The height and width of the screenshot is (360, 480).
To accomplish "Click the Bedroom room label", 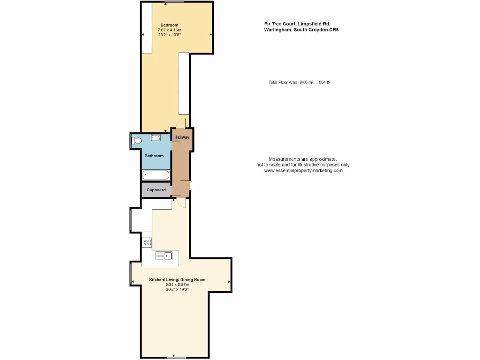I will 169,25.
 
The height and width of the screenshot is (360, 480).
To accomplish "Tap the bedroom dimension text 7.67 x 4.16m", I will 169,30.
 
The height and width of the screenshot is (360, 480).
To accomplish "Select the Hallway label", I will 181,137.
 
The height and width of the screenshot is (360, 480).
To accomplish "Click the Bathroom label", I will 154,156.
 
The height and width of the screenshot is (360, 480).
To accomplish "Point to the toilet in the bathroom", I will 136,140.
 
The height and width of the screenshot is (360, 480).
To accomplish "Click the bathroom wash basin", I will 156,137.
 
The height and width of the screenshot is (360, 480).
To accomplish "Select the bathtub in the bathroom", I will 156,176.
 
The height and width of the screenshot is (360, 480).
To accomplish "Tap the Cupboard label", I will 156,190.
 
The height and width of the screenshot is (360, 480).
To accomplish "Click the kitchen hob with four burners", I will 147,242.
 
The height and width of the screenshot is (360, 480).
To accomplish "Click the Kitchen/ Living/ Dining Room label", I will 177,280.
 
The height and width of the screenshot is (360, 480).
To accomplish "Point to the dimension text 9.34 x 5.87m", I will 177,285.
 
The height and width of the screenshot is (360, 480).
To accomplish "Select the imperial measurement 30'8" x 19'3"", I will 177,289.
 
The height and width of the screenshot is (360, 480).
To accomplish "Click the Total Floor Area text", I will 300,82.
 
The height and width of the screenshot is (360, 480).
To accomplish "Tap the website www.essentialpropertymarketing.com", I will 303,171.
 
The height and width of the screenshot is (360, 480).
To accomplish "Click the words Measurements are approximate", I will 302,159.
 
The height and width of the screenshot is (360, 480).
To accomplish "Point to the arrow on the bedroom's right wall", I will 211,35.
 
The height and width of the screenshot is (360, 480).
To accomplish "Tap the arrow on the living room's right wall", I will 229,281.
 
